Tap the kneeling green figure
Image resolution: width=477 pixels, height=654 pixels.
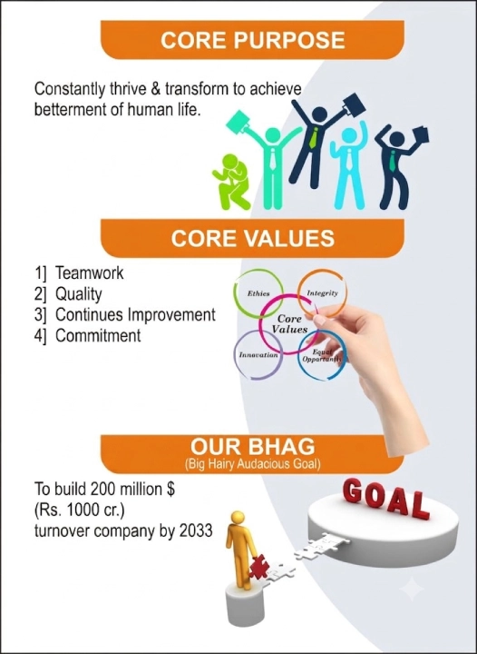pyautogui.click(x=231, y=182)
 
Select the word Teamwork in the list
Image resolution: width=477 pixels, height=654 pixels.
pyautogui.click(x=90, y=273)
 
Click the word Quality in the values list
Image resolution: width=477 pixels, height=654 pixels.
pyautogui.click(x=79, y=294)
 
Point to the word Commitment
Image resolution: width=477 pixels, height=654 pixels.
pyautogui.click(x=98, y=335)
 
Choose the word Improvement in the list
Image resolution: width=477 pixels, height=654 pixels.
pyautogui.click(x=171, y=315)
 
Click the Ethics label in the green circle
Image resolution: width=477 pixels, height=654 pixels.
pyautogui.click(x=258, y=293)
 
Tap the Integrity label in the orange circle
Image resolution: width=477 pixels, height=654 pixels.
pyautogui.click(x=322, y=293)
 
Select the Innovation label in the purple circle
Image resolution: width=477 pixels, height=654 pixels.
pyautogui.click(x=258, y=355)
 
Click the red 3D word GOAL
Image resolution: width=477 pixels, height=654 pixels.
pyautogui.click(x=385, y=499)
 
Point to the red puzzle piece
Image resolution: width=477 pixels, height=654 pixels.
pyautogui.click(x=258, y=567)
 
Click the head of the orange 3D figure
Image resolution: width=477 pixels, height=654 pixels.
pyautogui.click(x=238, y=518)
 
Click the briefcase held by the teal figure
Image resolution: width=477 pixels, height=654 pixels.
pyautogui.click(x=238, y=123)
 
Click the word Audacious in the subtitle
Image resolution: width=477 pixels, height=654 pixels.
pyautogui.click(x=265, y=465)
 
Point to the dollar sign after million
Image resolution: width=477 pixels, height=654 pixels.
pyautogui.click(x=170, y=489)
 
